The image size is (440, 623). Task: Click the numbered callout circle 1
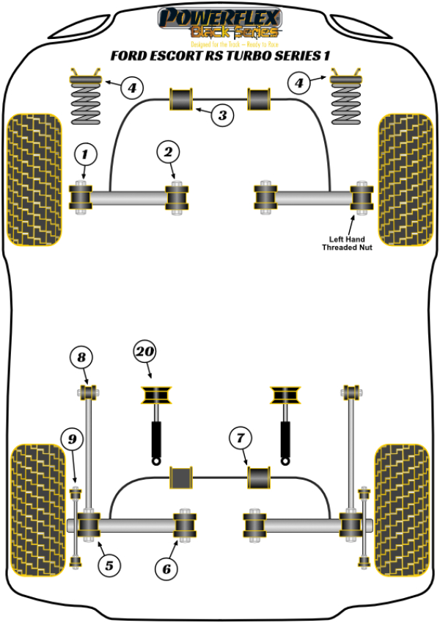pyautogui.click(x=84, y=154)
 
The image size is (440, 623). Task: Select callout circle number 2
pyautogui.click(x=168, y=152)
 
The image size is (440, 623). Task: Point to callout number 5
pyautogui.click(x=109, y=565)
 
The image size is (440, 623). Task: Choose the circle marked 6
pyautogui.click(x=166, y=567)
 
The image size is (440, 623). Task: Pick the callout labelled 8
pyautogui.click(x=81, y=358)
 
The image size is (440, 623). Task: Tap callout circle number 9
pyautogui.click(x=72, y=440)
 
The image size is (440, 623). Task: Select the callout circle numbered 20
pyautogui.click(x=146, y=352)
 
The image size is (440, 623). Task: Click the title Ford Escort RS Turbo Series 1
pyautogui.click(x=219, y=55)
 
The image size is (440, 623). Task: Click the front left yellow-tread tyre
pyautogui.click(x=33, y=179)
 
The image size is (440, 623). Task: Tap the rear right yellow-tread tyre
pyautogui.click(x=401, y=509)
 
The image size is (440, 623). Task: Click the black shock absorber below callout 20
pyautogui.click(x=156, y=439)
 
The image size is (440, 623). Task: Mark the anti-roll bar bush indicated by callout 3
pyautogui.click(x=180, y=98)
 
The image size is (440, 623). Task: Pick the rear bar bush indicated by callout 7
pyautogui.click(x=258, y=477)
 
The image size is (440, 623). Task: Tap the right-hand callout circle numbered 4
pyautogui.click(x=299, y=84)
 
